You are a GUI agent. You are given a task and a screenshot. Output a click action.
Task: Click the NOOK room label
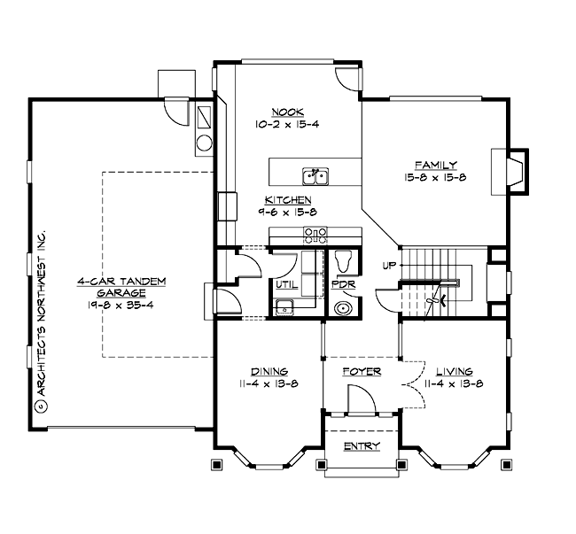click(x=288, y=112)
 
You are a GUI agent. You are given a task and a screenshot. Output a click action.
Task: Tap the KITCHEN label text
click(x=286, y=200)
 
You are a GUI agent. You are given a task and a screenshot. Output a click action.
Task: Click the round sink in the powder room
click(x=343, y=309)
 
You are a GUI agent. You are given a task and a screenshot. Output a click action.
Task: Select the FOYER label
click(x=362, y=372)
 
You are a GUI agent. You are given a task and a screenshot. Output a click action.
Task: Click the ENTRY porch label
click(x=362, y=445)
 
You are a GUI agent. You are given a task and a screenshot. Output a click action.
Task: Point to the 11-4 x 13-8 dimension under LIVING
click(x=453, y=383)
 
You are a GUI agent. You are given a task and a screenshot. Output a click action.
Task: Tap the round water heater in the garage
click(x=204, y=144)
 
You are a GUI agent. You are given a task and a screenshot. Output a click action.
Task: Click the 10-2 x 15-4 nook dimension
click(x=288, y=124)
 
